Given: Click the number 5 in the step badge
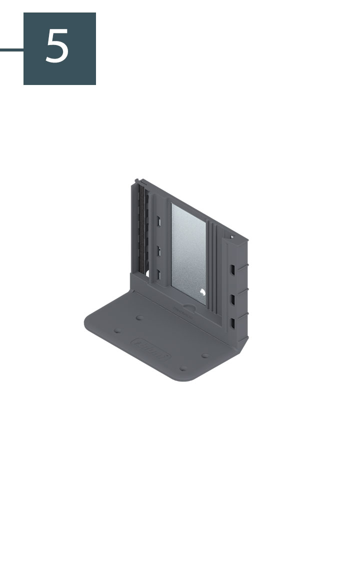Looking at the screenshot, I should click(57, 46).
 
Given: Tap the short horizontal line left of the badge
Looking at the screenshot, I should click(11, 49).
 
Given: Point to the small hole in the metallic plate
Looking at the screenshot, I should click(201, 293).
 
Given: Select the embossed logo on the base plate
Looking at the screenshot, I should click(151, 349).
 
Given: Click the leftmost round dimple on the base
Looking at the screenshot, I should click(118, 330).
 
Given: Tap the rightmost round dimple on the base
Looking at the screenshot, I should click(205, 356).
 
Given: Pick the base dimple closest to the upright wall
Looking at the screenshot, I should click(139, 317).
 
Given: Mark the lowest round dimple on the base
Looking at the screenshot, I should click(183, 369).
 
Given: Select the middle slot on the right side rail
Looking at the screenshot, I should click(232, 299).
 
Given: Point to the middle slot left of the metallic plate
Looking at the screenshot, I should click(158, 250).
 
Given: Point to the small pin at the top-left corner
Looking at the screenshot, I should click(136, 179).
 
